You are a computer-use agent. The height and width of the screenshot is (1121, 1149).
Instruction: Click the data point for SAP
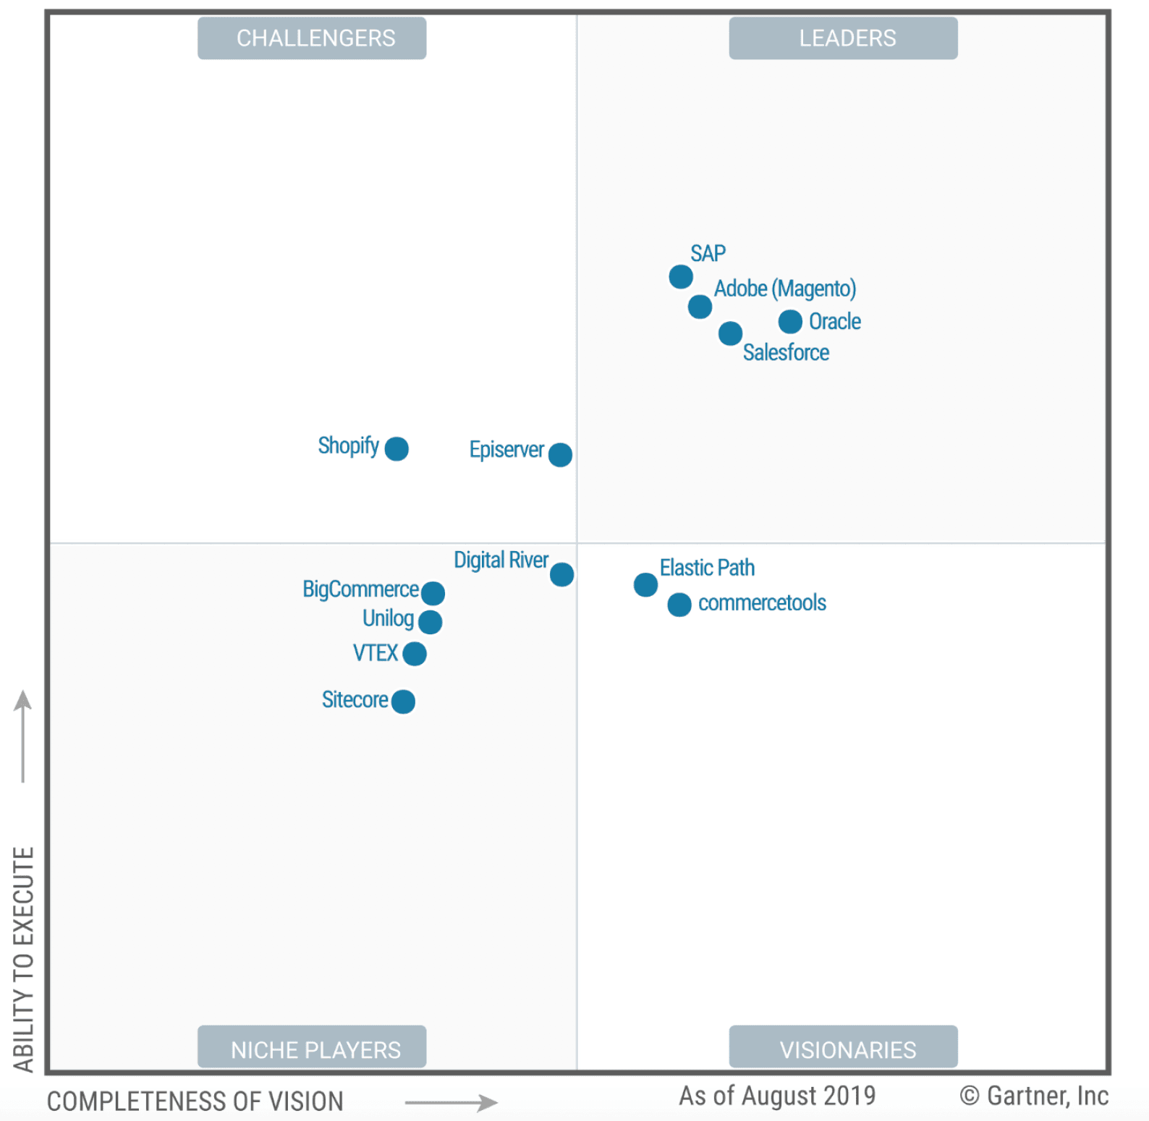tap(680, 276)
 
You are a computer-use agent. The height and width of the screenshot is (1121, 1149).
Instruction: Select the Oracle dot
tap(790, 321)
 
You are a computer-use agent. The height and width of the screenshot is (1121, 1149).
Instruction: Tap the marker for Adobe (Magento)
tap(700, 307)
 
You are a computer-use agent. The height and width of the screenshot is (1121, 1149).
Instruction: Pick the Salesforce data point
tap(730, 333)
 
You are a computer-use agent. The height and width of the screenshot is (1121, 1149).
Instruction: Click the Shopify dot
tap(397, 449)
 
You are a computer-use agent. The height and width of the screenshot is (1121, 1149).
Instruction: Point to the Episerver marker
tap(560, 455)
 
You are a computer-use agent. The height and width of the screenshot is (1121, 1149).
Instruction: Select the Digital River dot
tap(561, 575)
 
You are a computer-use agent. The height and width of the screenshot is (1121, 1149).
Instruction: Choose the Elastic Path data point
tap(645, 585)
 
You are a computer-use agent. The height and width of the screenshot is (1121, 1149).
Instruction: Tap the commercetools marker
tap(679, 605)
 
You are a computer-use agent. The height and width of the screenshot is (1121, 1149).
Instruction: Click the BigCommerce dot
tap(433, 593)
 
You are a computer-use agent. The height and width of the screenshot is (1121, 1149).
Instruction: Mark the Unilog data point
tap(430, 622)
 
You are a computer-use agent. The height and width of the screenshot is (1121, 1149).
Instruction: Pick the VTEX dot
tap(415, 654)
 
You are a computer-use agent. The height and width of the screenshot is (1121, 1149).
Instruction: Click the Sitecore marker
tap(403, 702)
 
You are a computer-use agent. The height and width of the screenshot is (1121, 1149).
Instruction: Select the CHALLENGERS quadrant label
tap(312, 38)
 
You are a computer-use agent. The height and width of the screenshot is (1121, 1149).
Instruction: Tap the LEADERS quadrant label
tap(843, 38)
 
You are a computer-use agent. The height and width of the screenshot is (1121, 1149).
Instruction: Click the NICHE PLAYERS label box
tap(312, 1047)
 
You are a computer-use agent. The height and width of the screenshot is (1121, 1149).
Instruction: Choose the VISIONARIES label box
tap(843, 1047)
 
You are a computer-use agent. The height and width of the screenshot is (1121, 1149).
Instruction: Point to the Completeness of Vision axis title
tap(195, 1101)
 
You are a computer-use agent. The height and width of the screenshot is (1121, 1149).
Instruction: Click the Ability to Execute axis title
tap(24, 959)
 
